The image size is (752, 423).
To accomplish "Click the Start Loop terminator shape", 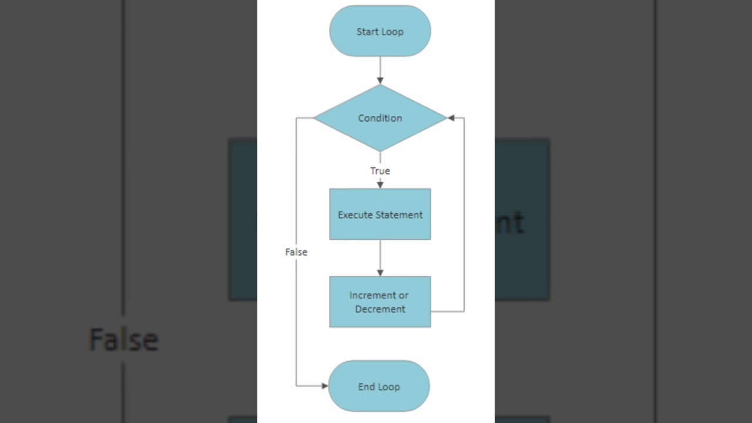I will pos(380,31).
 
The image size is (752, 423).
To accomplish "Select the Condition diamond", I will pos(380,118).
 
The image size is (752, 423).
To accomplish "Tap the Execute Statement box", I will pos(380,214).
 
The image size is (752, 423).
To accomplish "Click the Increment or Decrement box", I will pos(380,302).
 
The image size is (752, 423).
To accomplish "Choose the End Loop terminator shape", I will pos(379,387).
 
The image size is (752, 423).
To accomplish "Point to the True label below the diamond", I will pos(380,171).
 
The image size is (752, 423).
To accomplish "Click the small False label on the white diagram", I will pos(296,252).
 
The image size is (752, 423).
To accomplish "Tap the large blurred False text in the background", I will pos(123,340).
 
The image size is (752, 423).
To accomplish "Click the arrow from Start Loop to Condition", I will pos(380,69).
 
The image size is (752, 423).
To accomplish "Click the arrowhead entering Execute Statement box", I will pos(380,184).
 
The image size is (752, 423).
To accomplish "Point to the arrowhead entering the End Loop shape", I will pos(324,386).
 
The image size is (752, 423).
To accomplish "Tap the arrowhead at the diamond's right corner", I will pos(451,118).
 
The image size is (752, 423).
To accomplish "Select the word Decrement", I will pos(380,309).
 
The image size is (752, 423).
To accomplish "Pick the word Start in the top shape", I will pos(367,32).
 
